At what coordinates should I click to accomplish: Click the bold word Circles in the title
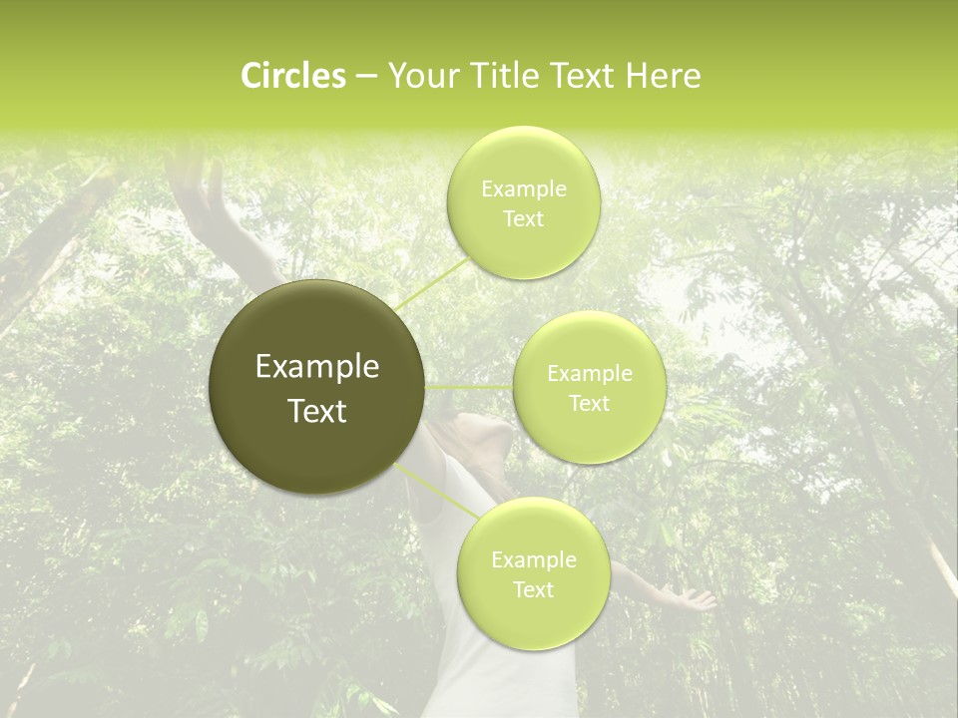click(x=292, y=76)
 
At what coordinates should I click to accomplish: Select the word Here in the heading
click(x=664, y=76)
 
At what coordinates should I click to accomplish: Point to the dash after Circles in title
click(x=366, y=77)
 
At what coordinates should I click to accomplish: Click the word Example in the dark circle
click(x=317, y=367)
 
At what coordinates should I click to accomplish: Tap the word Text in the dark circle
click(x=317, y=411)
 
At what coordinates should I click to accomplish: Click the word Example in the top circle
click(x=523, y=189)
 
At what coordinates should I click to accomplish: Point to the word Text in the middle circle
click(x=590, y=404)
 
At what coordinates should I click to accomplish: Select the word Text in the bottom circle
click(x=533, y=590)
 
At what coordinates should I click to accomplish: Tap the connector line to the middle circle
click(x=469, y=387)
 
